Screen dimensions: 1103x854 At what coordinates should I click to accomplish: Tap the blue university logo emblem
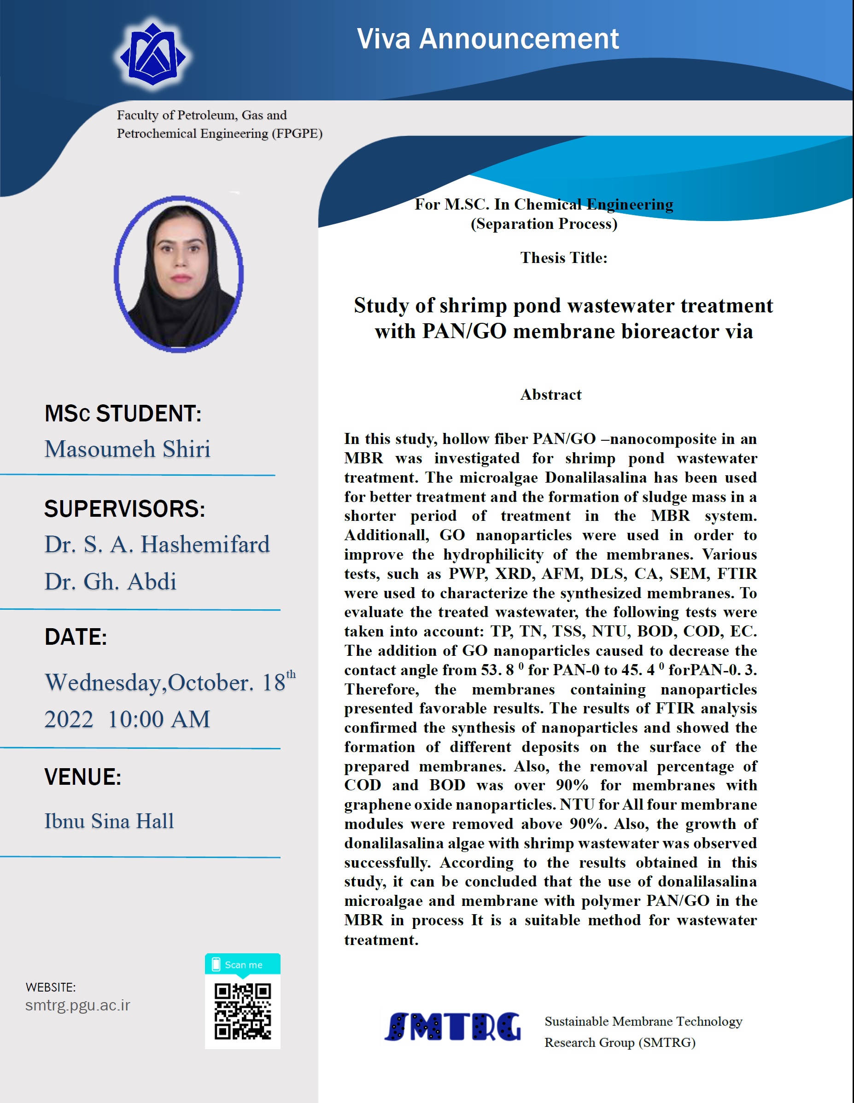[x=152, y=54]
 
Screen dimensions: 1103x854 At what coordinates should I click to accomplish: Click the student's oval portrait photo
[x=178, y=274]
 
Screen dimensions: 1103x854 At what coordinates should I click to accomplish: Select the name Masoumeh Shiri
[x=127, y=449]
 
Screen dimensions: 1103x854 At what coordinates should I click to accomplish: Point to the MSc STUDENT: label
[x=123, y=413]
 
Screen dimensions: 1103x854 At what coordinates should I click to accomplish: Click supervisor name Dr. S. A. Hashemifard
[x=157, y=544]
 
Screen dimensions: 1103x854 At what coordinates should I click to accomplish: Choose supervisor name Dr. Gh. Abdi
[x=110, y=581]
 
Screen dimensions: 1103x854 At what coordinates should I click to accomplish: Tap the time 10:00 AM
[x=159, y=719]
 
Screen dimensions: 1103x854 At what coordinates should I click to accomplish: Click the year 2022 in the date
[x=69, y=719]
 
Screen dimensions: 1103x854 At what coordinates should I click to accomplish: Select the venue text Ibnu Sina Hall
[x=109, y=821]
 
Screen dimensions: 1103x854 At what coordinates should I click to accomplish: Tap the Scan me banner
[x=243, y=965]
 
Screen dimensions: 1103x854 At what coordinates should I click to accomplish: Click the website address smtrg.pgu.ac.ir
[x=78, y=1005]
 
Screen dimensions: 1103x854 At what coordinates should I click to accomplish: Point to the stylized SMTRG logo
[x=452, y=1027]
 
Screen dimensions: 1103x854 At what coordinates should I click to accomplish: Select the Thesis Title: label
[x=564, y=257]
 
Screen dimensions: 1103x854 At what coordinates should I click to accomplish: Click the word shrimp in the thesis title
[x=473, y=305]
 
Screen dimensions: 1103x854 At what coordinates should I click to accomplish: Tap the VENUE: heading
[x=83, y=777]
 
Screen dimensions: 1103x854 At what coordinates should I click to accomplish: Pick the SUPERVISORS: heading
[x=125, y=508]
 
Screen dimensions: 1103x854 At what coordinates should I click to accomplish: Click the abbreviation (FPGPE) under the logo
[x=297, y=134]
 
